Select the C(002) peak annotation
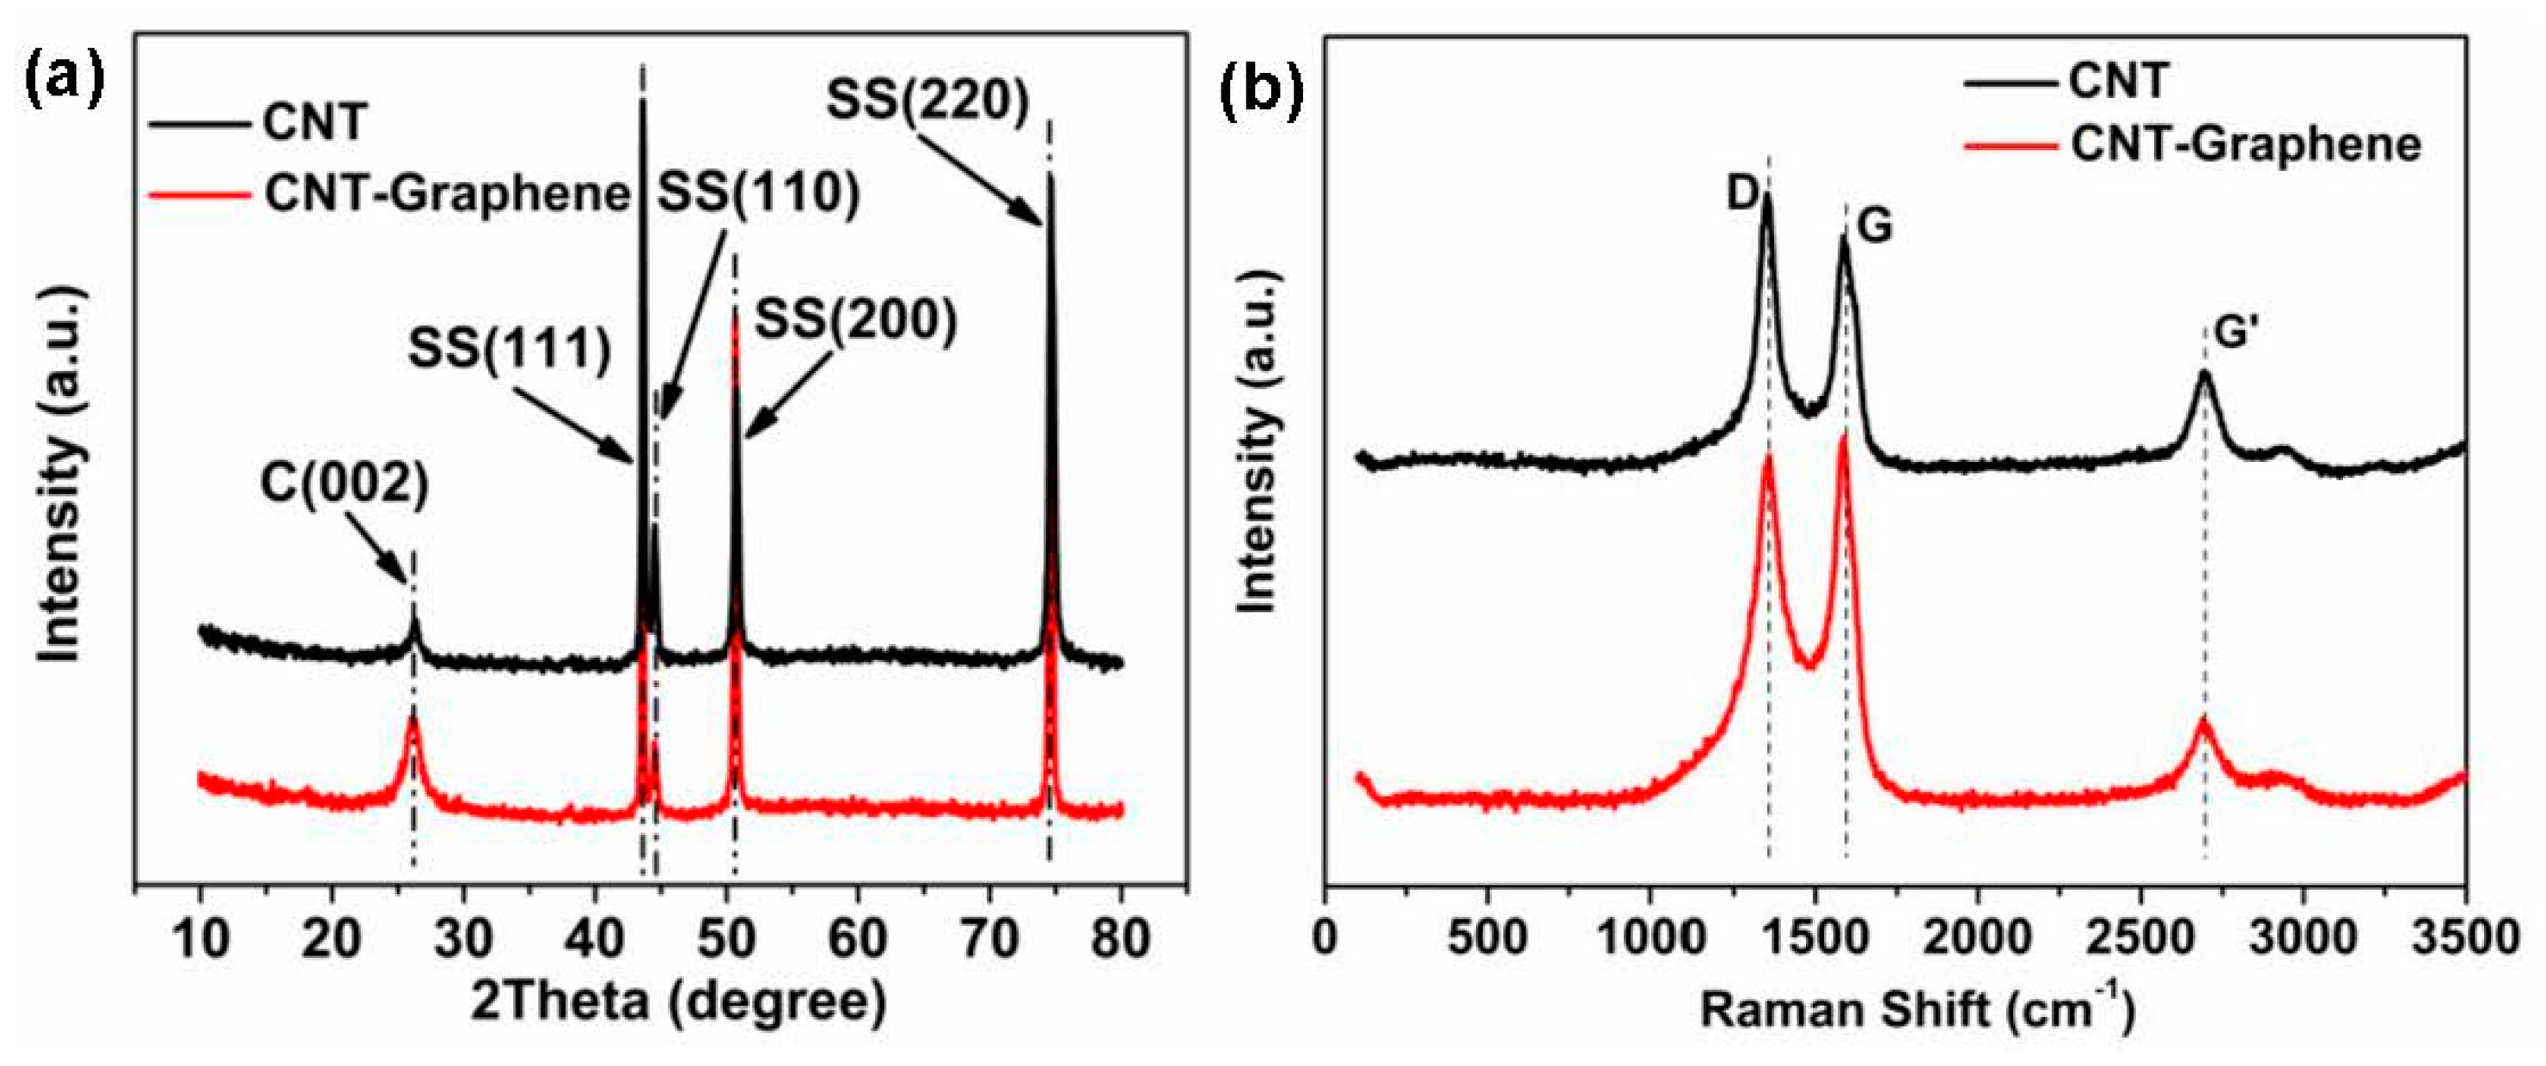tap(345, 485)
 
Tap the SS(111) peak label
tap(510, 348)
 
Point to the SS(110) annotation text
tap(759, 192)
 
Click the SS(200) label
tap(856, 321)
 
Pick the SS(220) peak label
tap(928, 100)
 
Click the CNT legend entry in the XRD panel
tap(315, 124)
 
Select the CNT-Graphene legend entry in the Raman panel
tap(2245, 145)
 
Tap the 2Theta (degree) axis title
tap(678, 1001)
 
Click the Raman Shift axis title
tap(1918, 1009)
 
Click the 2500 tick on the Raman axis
tap(2139, 936)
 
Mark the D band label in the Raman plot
tap(1743, 192)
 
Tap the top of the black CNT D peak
tap(1766, 198)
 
